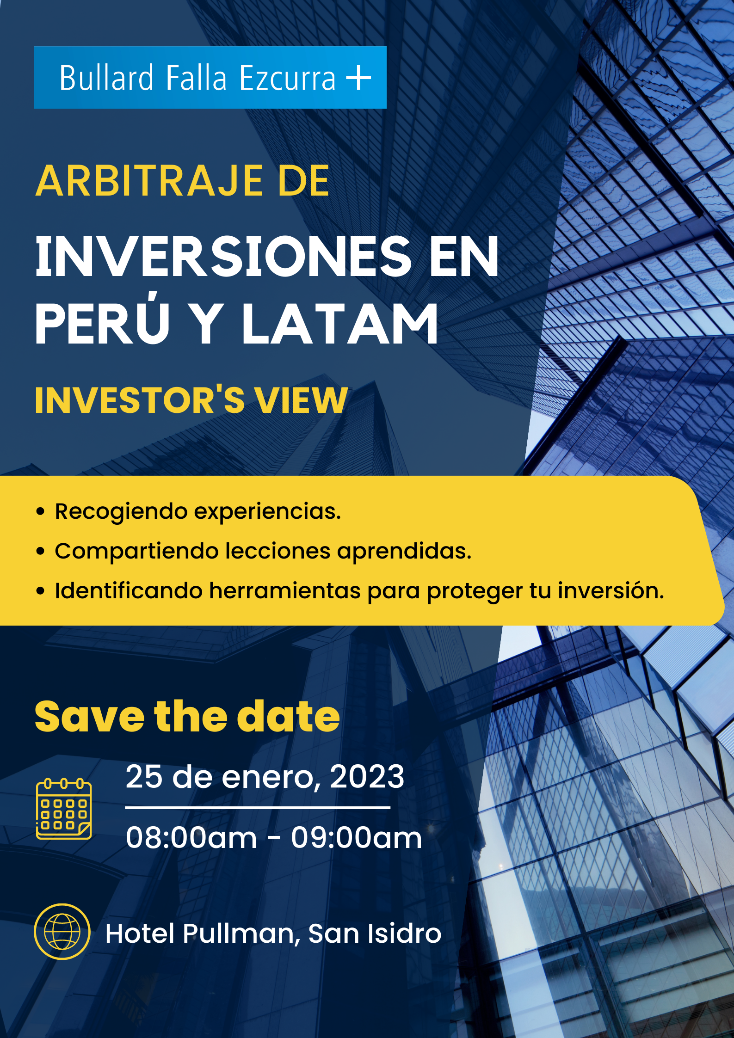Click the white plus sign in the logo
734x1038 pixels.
359,77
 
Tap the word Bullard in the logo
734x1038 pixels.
106,78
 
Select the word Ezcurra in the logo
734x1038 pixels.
287,78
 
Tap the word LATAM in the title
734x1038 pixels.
340,324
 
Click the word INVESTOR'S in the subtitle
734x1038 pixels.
140,400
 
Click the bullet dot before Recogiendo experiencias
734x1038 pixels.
41,511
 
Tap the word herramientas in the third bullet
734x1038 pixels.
285,590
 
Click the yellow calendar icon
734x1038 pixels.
64,809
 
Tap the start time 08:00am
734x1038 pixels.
191,837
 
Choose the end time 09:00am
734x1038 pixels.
356,837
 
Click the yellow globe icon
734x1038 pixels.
62,932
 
